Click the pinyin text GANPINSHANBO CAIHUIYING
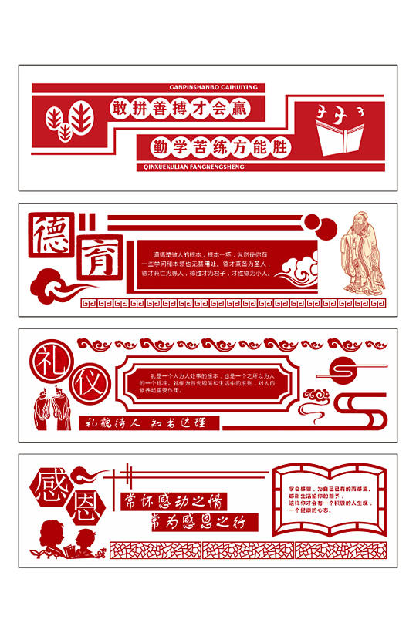tap(213, 88)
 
